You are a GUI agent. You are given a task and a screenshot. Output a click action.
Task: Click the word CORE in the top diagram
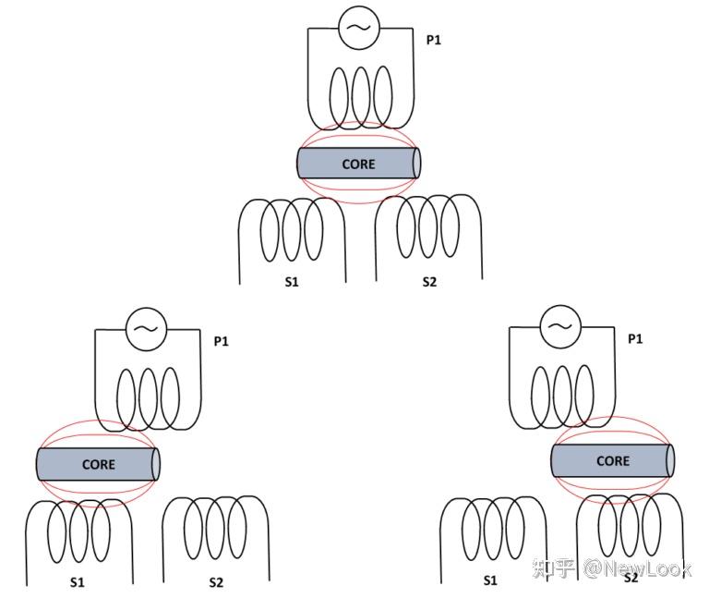(x=358, y=164)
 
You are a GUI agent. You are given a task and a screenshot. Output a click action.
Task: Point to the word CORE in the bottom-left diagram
(x=99, y=464)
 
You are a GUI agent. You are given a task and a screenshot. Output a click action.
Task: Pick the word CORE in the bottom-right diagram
(x=613, y=460)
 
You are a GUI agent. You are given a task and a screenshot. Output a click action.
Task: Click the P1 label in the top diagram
(x=433, y=41)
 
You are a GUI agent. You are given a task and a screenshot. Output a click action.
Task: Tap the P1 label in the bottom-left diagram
(x=222, y=342)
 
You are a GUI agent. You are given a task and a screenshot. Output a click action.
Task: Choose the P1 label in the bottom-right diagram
(x=635, y=339)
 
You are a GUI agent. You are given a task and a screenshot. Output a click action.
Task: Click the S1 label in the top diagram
(x=292, y=282)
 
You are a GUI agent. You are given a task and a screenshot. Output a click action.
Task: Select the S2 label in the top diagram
(x=428, y=282)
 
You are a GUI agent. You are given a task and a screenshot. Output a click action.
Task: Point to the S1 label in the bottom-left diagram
(x=78, y=582)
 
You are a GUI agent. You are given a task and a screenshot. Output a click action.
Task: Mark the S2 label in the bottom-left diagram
(x=216, y=582)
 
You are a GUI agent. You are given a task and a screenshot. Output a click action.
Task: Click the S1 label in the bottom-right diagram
(x=490, y=580)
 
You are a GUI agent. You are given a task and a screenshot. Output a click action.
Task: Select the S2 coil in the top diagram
(x=427, y=226)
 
